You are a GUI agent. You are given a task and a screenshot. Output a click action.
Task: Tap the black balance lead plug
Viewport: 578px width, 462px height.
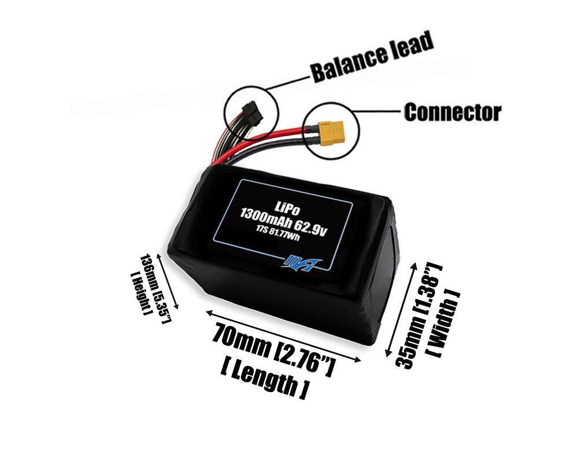251,113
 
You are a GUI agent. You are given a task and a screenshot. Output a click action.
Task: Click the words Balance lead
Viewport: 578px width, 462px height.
372,58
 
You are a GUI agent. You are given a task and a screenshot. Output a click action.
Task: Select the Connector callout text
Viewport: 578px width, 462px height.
452,112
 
